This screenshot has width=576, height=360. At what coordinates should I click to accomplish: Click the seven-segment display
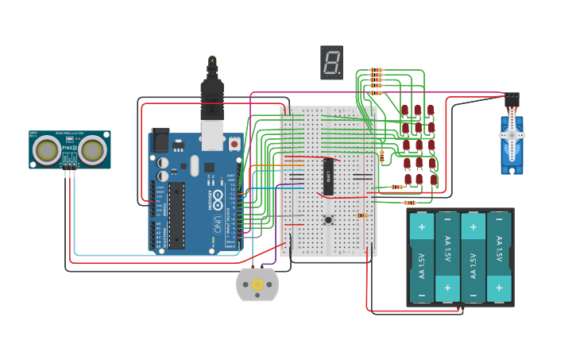pyautogui.click(x=331, y=63)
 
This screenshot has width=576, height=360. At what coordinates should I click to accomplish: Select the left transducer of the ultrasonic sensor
pyautogui.click(x=49, y=149)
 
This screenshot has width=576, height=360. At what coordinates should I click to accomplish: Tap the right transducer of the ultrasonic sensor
pyautogui.click(x=92, y=149)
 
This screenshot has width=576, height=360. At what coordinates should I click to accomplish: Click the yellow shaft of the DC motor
pyautogui.click(x=257, y=285)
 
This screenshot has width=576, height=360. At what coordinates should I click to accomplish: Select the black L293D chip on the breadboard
pyautogui.click(x=328, y=176)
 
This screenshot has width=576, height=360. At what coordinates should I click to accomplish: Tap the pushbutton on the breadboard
pyautogui.click(x=327, y=220)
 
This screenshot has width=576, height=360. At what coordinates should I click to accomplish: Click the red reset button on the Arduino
pyautogui.click(x=234, y=144)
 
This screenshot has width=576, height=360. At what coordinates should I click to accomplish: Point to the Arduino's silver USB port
pyautogui.click(x=213, y=134)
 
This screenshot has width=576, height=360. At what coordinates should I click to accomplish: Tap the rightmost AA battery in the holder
pyautogui.click(x=499, y=257)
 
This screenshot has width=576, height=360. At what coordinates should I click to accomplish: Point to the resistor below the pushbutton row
pyautogui.click(x=362, y=215)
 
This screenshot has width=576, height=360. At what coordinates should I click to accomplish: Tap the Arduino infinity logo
pyautogui.click(x=212, y=205)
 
